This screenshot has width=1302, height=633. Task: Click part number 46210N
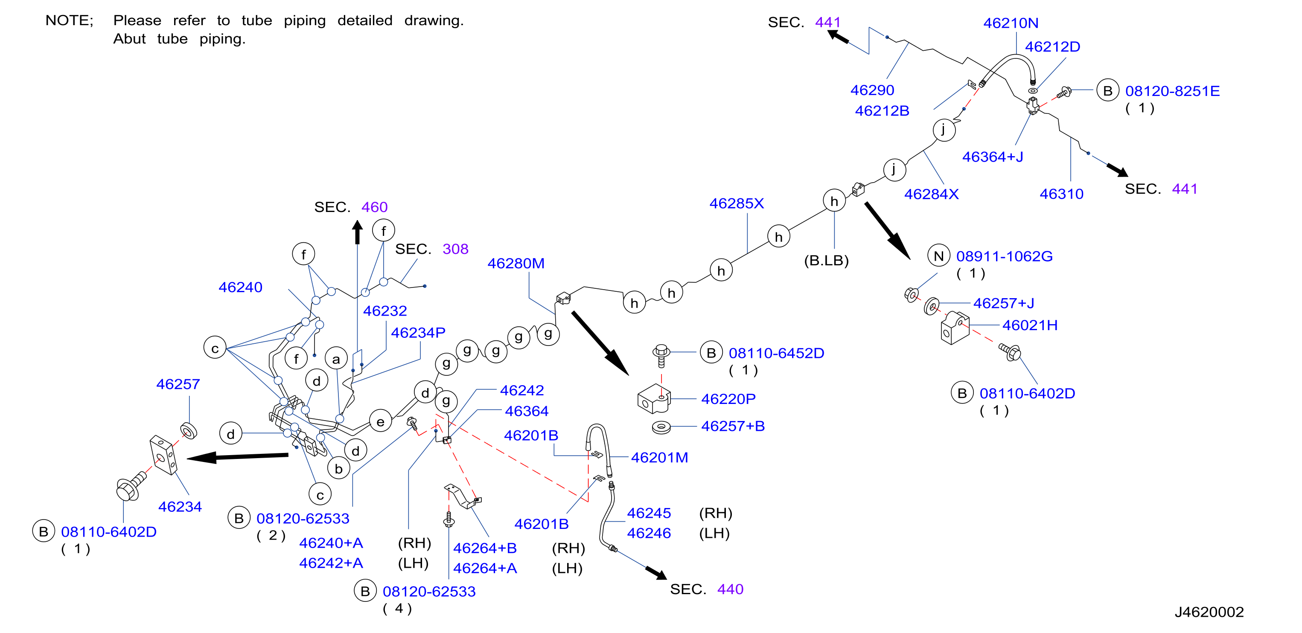click(x=1011, y=23)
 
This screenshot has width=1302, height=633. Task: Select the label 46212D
click(x=1052, y=46)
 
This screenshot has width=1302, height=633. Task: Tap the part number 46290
click(x=872, y=90)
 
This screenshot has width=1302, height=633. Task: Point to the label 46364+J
click(x=992, y=157)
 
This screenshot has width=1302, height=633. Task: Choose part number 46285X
click(x=737, y=203)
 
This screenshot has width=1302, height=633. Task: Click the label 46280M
click(x=516, y=263)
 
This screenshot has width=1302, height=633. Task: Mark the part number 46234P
click(x=418, y=332)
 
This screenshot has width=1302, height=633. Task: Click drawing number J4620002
click(x=1209, y=612)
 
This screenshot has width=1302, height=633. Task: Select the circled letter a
click(x=336, y=359)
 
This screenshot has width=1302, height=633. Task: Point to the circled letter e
click(x=380, y=421)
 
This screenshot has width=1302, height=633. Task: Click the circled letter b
click(x=339, y=468)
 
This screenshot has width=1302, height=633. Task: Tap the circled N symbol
click(x=938, y=256)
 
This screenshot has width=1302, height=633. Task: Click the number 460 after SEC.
click(x=375, y=207)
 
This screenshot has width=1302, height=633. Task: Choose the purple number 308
click(x=455, y=249)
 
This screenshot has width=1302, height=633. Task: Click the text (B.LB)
click(x=826, y=261)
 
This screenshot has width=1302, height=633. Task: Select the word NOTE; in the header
click(x=69, y=21)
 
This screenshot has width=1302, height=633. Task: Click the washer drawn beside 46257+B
click(x=661, y=427)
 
